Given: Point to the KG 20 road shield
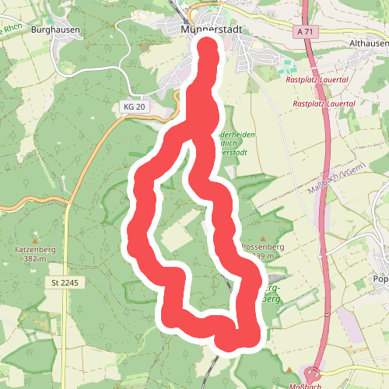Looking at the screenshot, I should [135, 106].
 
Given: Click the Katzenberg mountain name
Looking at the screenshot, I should [32, 249].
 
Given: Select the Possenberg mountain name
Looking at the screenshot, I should [263, 247].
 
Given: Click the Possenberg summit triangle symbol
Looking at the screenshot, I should [263, 238].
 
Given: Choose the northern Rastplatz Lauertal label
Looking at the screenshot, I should [317, 79].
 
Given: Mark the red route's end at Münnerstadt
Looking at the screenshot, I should [209, 48].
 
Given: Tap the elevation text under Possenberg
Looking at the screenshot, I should [265, 257].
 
